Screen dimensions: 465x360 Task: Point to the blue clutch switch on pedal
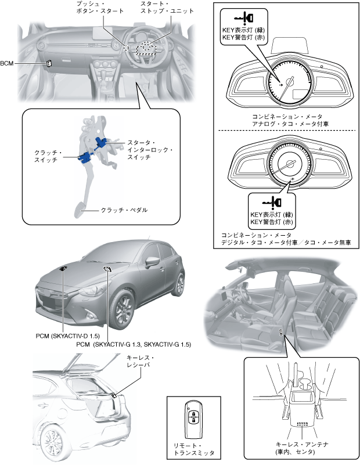(85, 156)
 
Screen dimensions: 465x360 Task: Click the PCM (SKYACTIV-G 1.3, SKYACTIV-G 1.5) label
(133, 344)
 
